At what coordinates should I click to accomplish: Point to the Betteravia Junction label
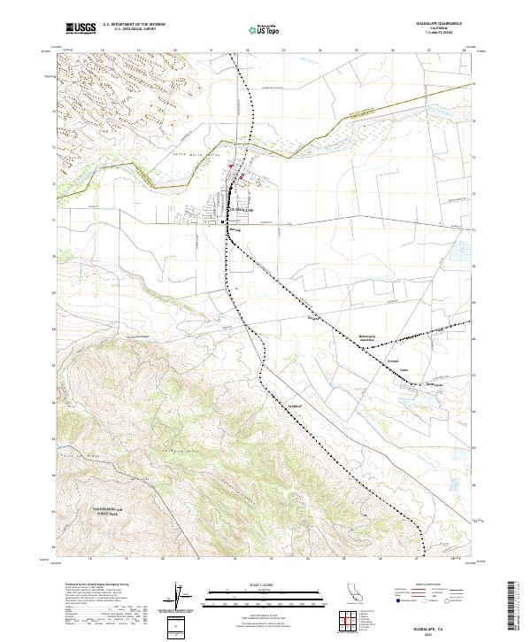(367, 338)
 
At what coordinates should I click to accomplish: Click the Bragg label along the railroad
(312, 316)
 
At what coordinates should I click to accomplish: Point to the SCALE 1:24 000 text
(265, 584)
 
